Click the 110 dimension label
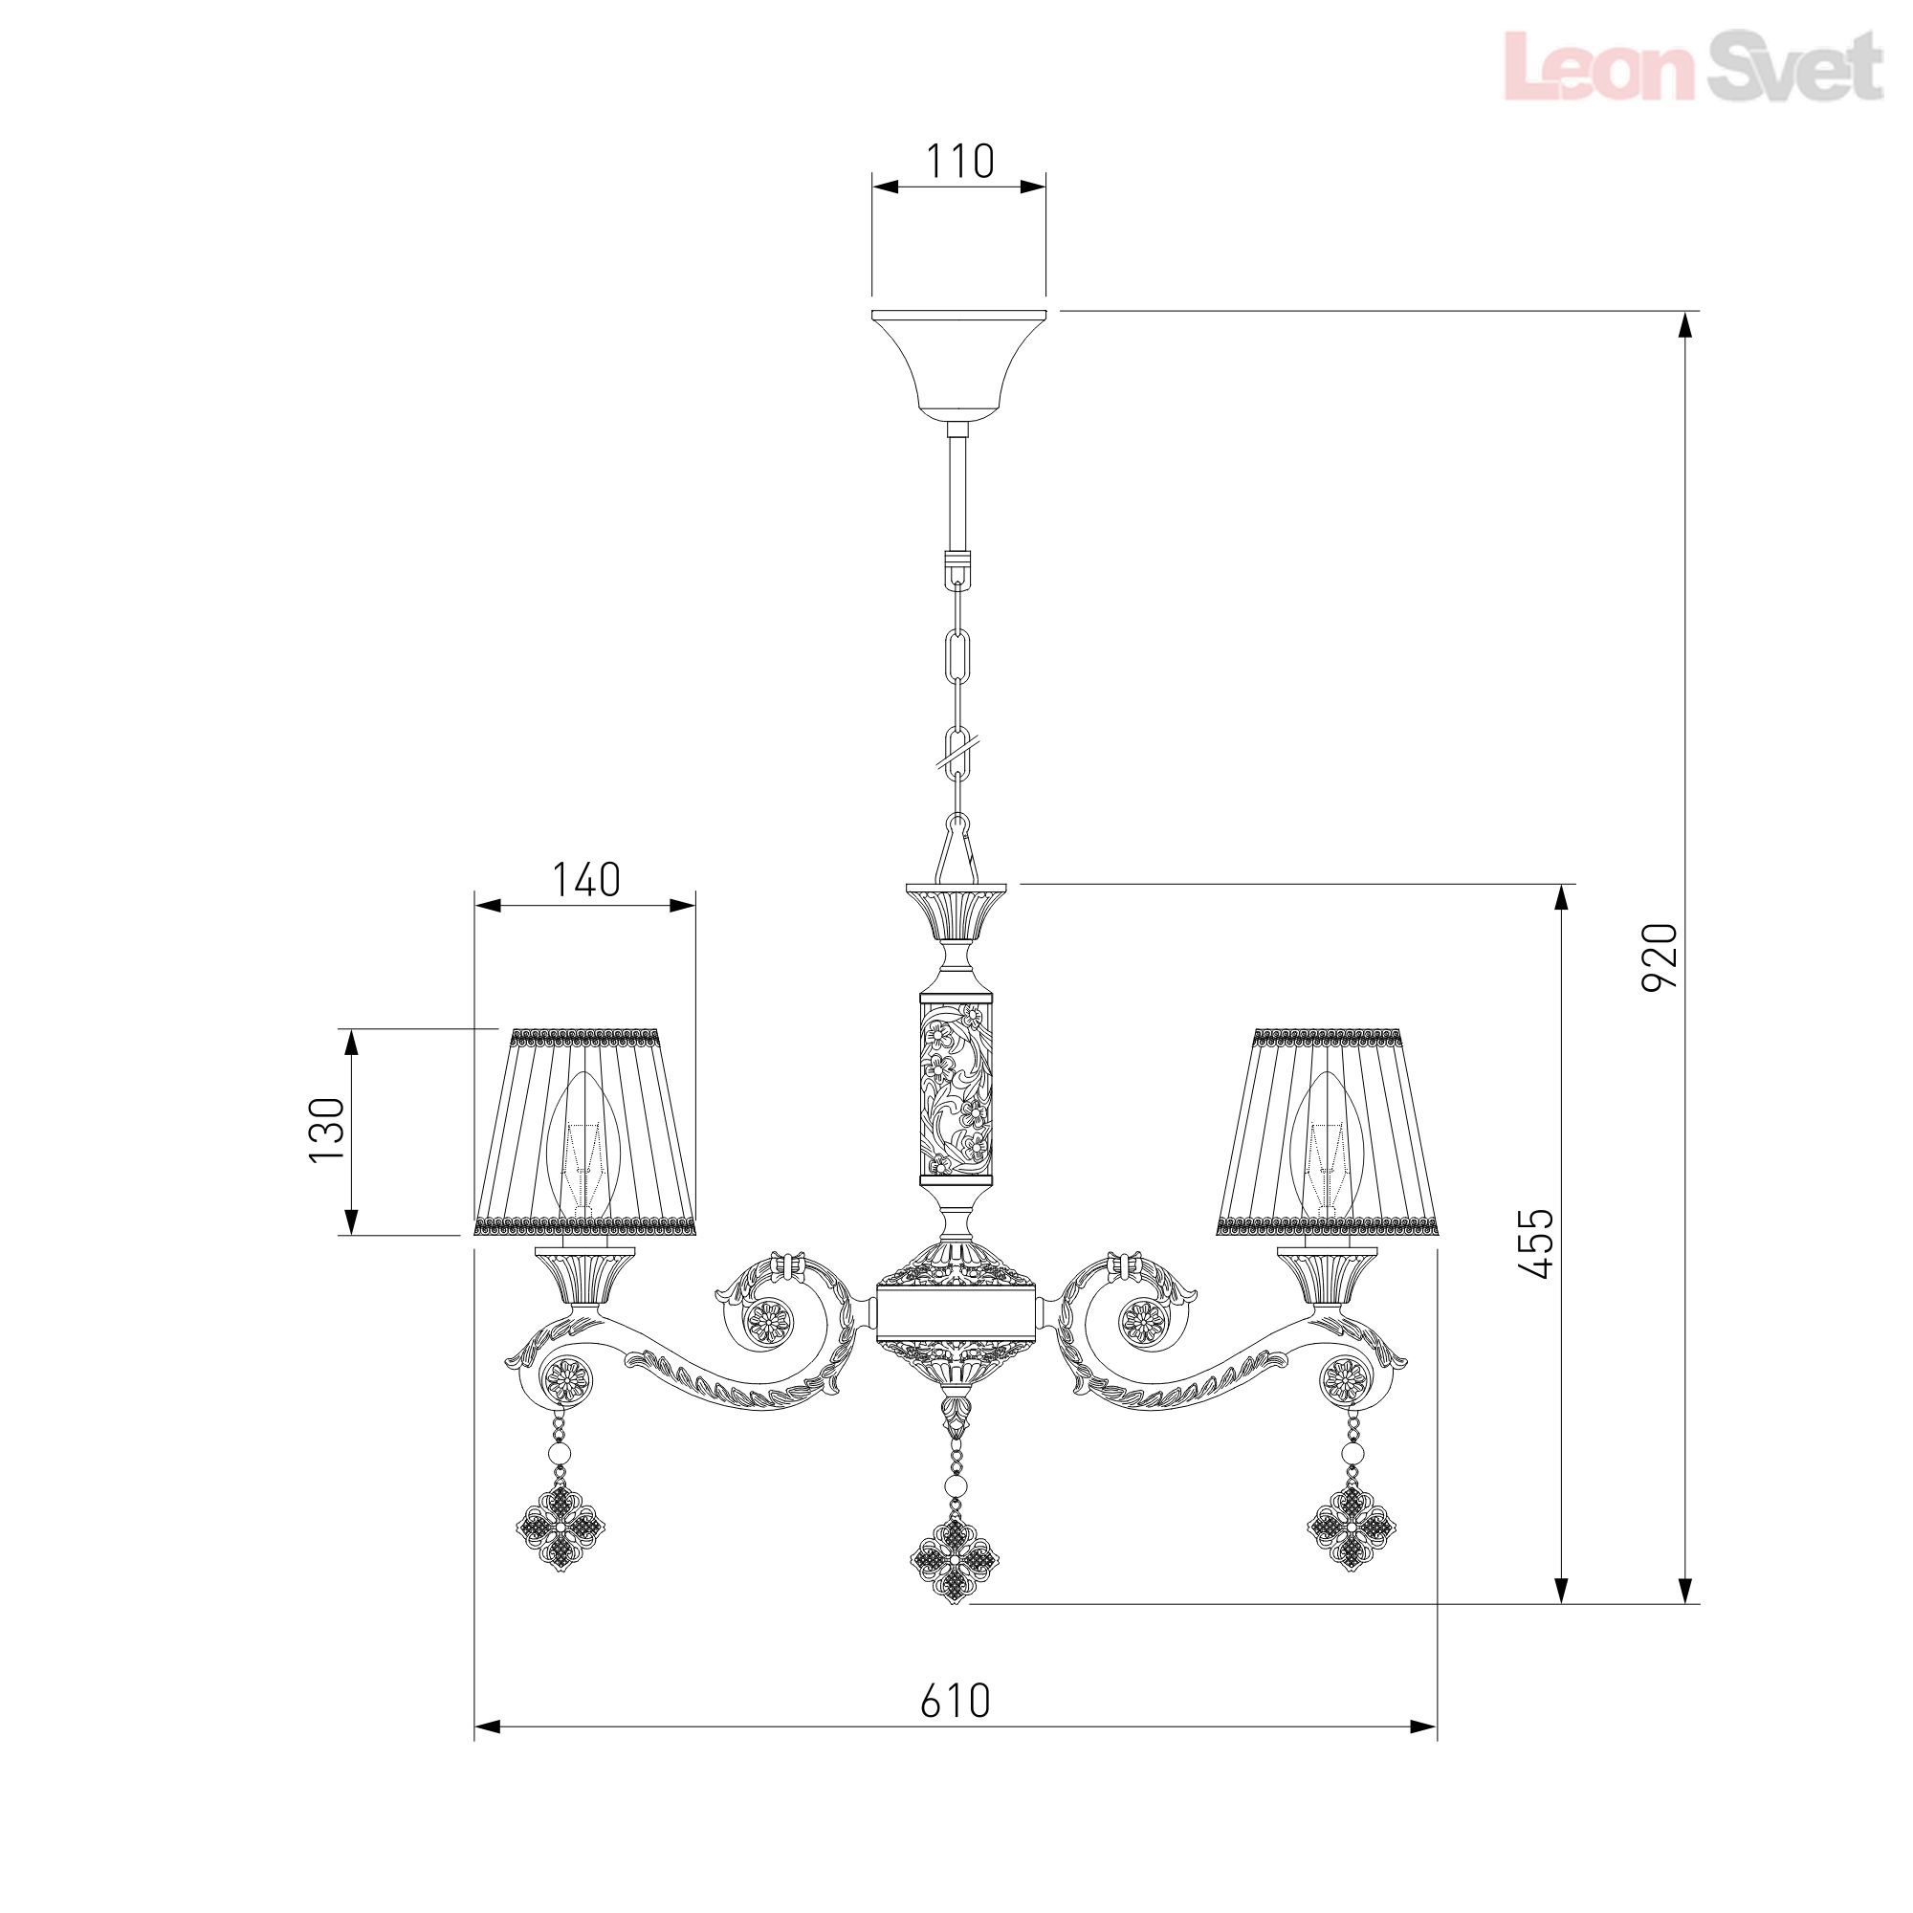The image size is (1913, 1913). click(x=959, y=162)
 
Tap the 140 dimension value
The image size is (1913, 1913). click(x=585, y=879)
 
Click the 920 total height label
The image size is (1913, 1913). click(x=1660, y=957)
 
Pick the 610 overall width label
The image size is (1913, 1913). click(x=955, y=1701)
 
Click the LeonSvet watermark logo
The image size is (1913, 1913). click(x=1692, y=65)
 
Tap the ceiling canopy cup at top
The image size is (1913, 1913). click(x=958, y=364)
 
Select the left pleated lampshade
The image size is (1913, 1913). click(x=586, y=1132)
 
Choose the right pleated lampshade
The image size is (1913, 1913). click(x=1328, y=1132)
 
